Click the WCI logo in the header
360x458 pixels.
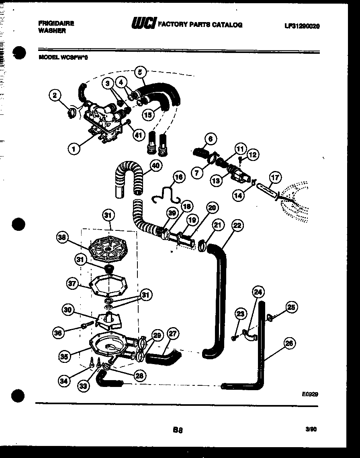coord(143,24)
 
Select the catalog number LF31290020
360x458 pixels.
coord(302,26)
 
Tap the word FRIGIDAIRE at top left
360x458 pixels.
coord(56,24)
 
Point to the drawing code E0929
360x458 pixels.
coord(310,394)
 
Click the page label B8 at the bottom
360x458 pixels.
coord(178,430)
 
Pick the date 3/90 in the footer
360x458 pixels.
coord(311,429)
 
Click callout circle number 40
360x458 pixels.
coord(155,165)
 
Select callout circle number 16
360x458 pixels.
coord(179,177)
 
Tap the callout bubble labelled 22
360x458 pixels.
coord(237,226)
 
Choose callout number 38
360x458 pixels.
coord(61,238)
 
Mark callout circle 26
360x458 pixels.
coord(288,343)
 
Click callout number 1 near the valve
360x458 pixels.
coord(74,149)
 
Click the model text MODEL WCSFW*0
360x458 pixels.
coord(63,57)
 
